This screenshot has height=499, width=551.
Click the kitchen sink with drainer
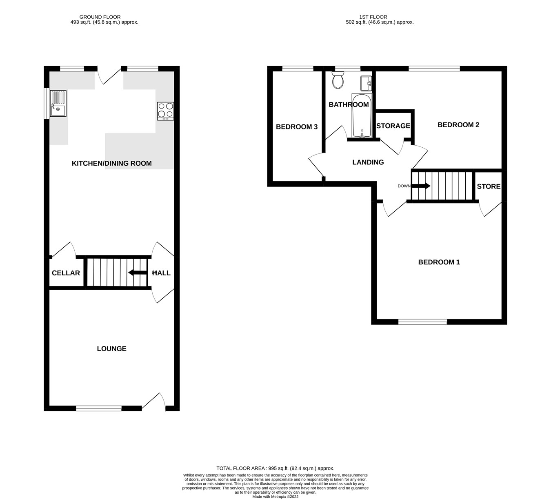coord(58,104)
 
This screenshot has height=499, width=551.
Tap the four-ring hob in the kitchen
coord(165,111)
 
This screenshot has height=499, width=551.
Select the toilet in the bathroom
coord(338,80)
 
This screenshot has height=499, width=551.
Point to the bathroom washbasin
coord(366,83)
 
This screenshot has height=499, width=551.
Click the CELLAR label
coord(66,273)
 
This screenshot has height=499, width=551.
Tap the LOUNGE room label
coord(111,348)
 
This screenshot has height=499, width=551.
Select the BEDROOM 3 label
coord(297,127)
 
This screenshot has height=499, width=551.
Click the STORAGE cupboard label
coord(393,126)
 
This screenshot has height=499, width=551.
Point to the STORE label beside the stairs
coord(489,186)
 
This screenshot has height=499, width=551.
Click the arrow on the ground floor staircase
coord(137,273)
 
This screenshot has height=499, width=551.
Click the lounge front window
coord(99,408)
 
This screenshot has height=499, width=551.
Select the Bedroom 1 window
coord(422,322)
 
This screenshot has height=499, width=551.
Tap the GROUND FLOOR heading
coord(100,17)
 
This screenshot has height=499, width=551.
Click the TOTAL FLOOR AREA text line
coord(275,468)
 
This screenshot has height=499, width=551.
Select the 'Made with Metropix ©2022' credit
coord(275,497)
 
